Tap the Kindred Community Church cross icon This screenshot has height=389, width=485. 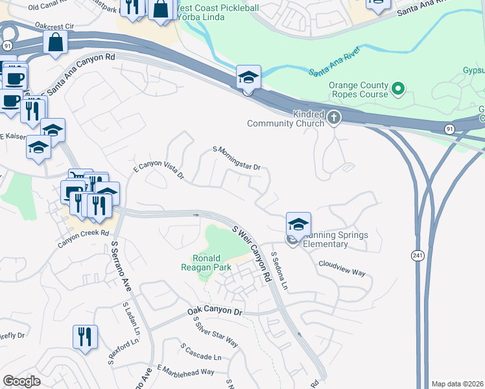click(334, 117)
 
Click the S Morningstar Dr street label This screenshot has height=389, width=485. click(237, 158)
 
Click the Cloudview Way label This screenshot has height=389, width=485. click(341, 268)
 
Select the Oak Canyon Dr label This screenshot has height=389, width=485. click(215, 311)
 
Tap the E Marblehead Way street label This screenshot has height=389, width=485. click(185, 371)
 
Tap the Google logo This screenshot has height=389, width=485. click(21, 381)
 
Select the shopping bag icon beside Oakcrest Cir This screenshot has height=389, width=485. click(56, 43)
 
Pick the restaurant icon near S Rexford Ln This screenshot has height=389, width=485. click(85, 336)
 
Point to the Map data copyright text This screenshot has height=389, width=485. click(457, 384)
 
